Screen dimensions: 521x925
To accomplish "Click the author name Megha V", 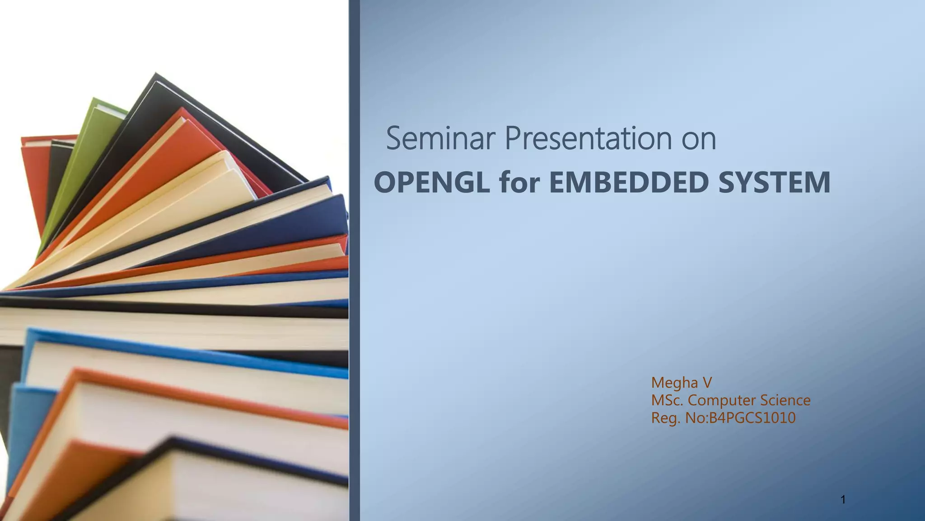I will pos(681,383).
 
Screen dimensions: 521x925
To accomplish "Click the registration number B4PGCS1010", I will pos(752,418).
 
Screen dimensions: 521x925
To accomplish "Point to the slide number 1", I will pos(843,500).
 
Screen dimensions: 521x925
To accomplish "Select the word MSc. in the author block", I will pos(667,401).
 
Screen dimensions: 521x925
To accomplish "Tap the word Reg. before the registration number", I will pos(665,418).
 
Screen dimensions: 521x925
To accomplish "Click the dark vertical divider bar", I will pos(355,260).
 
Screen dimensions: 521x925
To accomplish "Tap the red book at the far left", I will pos(34,181).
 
